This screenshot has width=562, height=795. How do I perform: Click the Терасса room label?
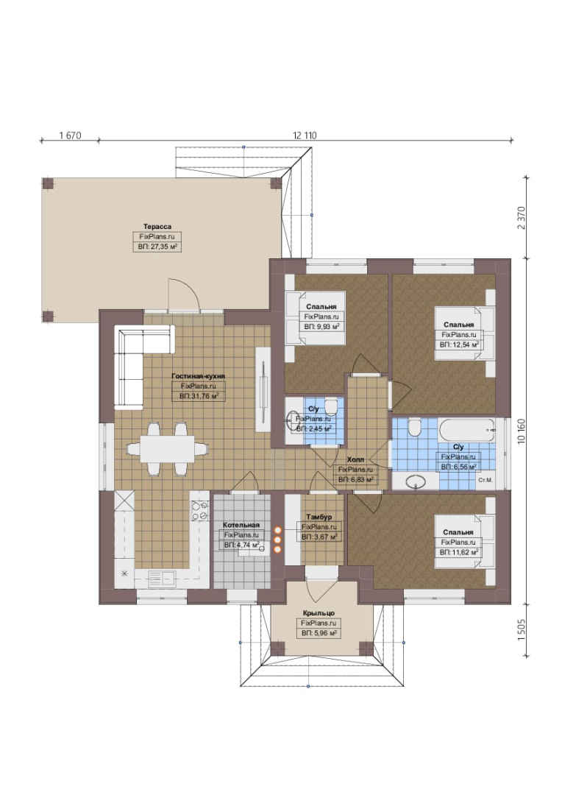click(157, 227)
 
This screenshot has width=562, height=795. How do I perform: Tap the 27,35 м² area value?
click(163, 247)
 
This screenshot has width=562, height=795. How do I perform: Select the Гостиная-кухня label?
click(198, 376)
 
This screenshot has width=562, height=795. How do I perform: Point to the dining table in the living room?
click(167, 449)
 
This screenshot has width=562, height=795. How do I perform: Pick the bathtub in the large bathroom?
click(466, 430)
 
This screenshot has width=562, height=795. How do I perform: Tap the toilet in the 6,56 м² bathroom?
click(414, 428)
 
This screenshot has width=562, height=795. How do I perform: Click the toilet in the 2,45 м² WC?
click(331, 406)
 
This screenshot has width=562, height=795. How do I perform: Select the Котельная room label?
click(241, 525)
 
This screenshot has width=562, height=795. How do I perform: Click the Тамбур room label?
click(319, 517)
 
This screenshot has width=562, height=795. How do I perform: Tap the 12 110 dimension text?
click(305, 135)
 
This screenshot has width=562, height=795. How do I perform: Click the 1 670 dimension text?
click(70, 135)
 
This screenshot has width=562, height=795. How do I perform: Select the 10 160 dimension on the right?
click(522, 431)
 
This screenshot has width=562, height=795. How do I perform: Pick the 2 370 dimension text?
click(522, 218)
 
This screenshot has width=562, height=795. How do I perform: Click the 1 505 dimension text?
click(522, 630)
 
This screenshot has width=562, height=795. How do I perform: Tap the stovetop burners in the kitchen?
click(199, 511)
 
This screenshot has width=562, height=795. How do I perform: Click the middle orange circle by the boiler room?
click(278, 540)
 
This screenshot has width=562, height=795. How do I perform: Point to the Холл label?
click(355, 459)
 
